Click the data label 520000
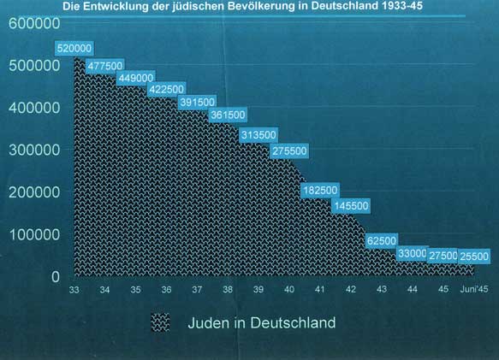(x=74, y=49)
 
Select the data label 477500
(x=105, y=66)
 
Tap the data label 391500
(x=198, y=102)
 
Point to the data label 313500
(x=258, y=135)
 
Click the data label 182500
(x=320, y=191)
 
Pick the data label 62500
(x=382, y=241)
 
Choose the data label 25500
(x=474, y=257)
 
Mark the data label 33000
(x=413, y=253)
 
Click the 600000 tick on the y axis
(x=34, y=23)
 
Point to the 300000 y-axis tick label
(x=34, y=150)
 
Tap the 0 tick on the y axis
(x=56, y=277)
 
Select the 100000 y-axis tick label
(x=34, y=234)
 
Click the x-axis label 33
(x=74, y=290)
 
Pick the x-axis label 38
(x=228, y=290)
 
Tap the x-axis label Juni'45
(x=474, y=289)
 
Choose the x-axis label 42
(x=351, y=290)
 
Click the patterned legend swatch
(x=160, y=322)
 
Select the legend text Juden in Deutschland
(x=262, y=322)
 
